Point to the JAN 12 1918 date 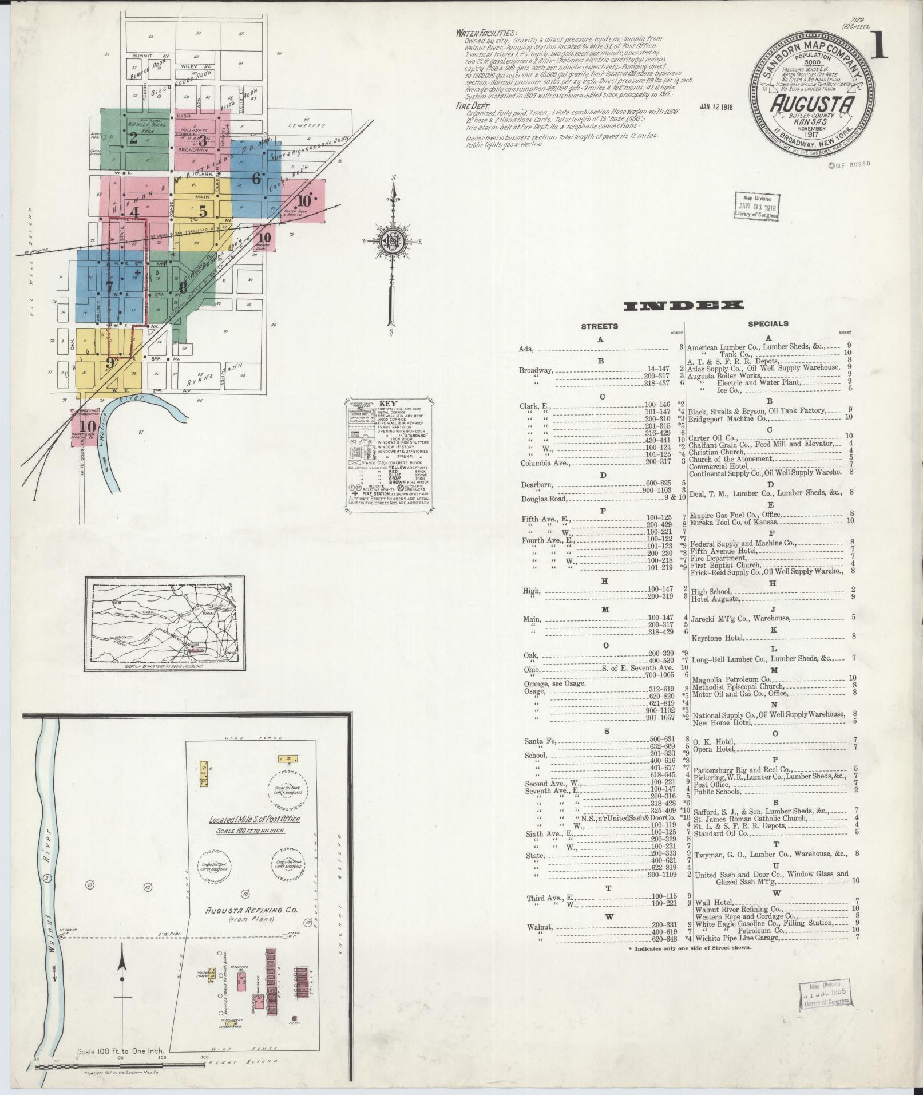716,106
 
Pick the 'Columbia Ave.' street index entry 545,462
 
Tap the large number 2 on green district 133,137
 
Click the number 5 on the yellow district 203,208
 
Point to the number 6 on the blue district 256,177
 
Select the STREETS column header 599,326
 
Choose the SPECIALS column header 768,324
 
